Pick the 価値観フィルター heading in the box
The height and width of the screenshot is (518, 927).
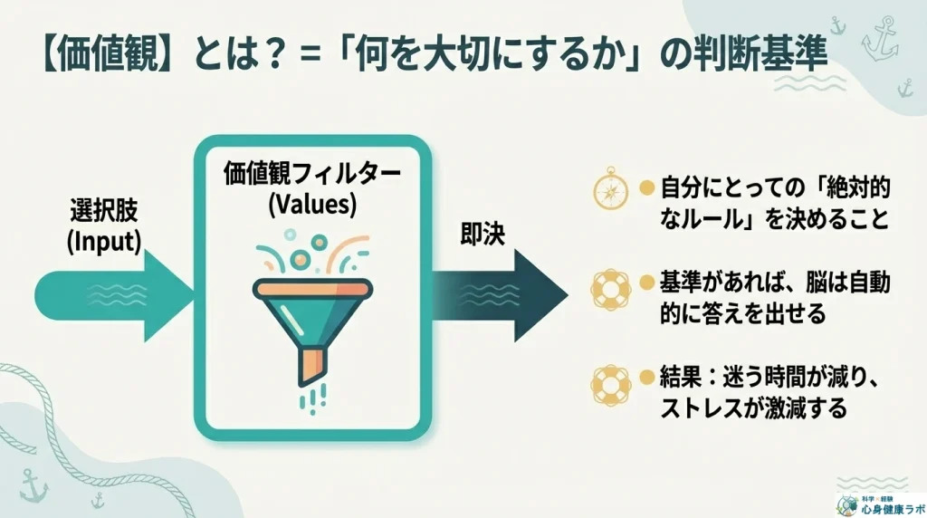pos(313,175)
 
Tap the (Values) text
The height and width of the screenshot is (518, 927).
pos(313,205)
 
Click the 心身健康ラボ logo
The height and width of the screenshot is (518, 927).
pos(874,503)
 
